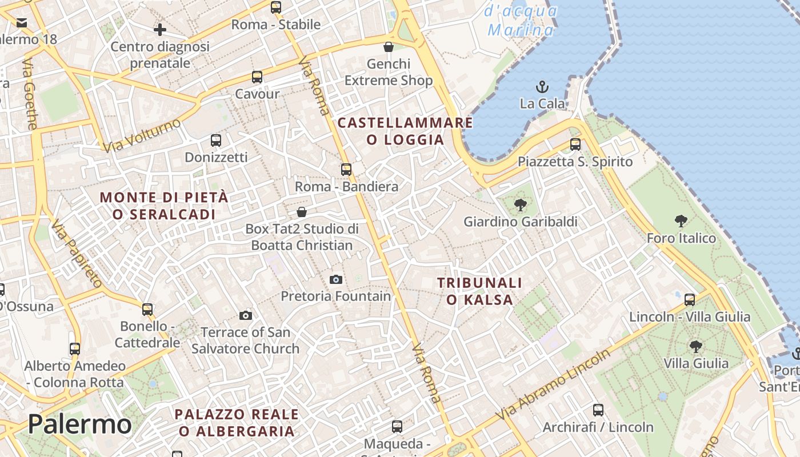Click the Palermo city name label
(79, 424)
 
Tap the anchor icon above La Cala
(542, 87)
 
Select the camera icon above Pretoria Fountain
(336, 279)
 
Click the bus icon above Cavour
(257, 77)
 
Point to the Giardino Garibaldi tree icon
(520, 205)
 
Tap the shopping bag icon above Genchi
(389, 47)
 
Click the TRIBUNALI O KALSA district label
(479, 291)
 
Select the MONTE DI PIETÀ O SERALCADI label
(164, 206)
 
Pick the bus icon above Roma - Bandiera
(346, 170)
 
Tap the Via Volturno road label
(142, 135)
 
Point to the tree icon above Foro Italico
(681, 221)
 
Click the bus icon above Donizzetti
(216, 141)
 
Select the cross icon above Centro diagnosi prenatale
(160, 30)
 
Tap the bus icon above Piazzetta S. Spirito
(575, 145)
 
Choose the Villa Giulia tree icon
(695, 346)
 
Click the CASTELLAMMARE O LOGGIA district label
(405, 131)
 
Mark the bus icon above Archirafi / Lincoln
(598, 410)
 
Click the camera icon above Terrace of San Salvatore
(246, 315)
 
